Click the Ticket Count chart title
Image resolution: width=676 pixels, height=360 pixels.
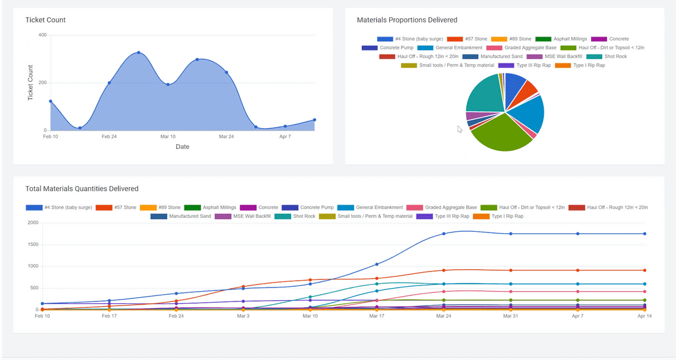click(45, 20)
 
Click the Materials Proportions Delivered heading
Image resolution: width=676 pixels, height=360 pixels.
click(407, 20)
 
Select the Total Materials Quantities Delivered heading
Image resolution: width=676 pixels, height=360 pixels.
click(82, 189)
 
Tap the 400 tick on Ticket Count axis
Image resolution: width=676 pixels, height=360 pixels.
click(42, 35)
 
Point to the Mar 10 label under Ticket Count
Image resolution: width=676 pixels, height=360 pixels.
click(168, 137)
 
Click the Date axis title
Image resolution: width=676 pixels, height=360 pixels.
click(182, 147)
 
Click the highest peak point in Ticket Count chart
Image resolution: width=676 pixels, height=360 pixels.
click(138, 52)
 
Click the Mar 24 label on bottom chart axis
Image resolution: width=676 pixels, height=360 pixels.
click(444, 317)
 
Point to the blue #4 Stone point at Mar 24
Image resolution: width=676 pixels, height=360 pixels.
click(444, 234)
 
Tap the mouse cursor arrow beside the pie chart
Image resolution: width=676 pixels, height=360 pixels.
click(459, 129)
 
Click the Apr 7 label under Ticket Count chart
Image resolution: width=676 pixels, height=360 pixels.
click(285, 137)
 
